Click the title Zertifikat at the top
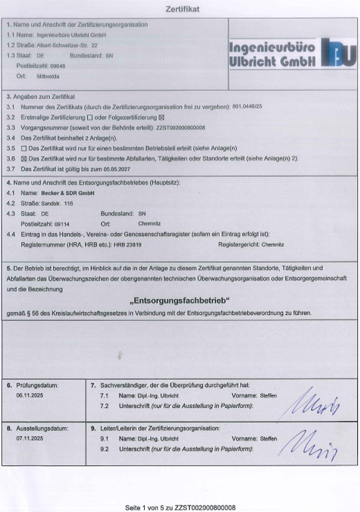point(182,11)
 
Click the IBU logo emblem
point(337,53)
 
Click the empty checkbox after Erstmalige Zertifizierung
point(90,117)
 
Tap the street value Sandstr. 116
point(57,204)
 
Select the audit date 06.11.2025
point(28,394)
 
